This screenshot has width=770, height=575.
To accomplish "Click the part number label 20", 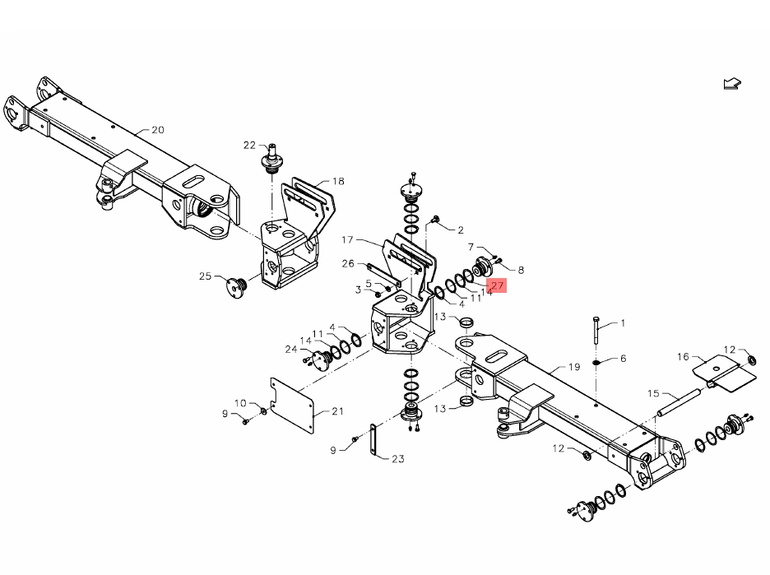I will [x=158, y=130].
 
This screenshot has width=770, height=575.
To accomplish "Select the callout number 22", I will [x=250, y=145].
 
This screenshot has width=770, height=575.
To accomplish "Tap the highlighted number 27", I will [x=497, y=285].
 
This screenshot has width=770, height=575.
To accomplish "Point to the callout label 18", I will [x=338, y=182].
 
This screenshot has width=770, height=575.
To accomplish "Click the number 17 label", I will [x=346, y=240].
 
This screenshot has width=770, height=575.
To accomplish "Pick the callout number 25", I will [x=205, y=276].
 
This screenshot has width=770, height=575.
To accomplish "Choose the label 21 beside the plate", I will [x=337, y=411].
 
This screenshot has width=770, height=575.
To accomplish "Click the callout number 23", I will [x=398, y=459].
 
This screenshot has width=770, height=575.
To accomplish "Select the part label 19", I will [x=574, y=367].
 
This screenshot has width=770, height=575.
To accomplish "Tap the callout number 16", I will [x=683, y=356].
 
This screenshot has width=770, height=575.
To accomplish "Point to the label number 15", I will [x=653, y=393].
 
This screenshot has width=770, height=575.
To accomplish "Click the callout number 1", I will [x=623, y=323].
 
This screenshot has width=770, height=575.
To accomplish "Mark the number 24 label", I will [x=290, y=349].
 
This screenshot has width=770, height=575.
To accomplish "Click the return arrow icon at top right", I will [x=731, y=84].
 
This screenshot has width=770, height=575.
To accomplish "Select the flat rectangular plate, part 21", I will [x=294, y=406].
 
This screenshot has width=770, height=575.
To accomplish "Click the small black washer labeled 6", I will [x=596, y=360].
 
